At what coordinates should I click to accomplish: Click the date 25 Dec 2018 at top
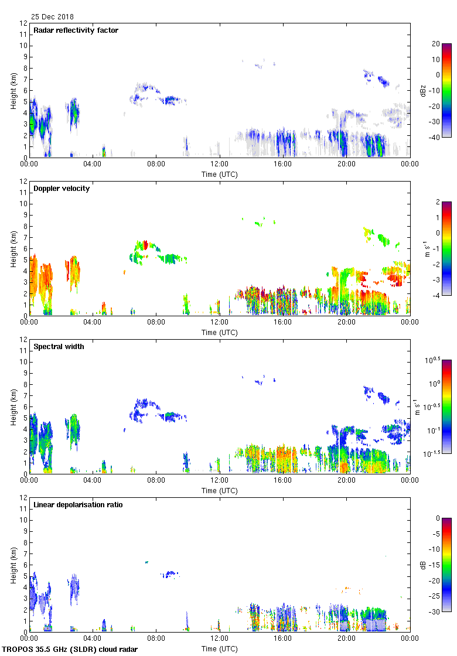click(52, 17)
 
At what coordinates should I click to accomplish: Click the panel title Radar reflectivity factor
click(76, 30)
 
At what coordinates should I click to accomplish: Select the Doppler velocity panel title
click(62, 189)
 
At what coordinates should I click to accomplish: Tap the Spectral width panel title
click(59, 347)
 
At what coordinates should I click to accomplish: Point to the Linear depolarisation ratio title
click(78, 505)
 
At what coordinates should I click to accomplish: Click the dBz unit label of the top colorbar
click(423, 90)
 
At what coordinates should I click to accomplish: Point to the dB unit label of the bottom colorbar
click(423, 565)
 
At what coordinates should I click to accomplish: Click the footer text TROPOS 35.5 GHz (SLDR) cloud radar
click(70, 650)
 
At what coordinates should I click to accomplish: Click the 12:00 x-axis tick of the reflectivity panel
click(219, 165)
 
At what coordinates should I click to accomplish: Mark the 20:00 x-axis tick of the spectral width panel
click(346, 481)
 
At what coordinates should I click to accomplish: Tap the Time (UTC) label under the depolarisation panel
click(220, 649)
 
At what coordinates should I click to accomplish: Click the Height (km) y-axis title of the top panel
click(13, 90)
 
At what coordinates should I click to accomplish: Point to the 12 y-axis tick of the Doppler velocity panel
click(24, 182)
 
